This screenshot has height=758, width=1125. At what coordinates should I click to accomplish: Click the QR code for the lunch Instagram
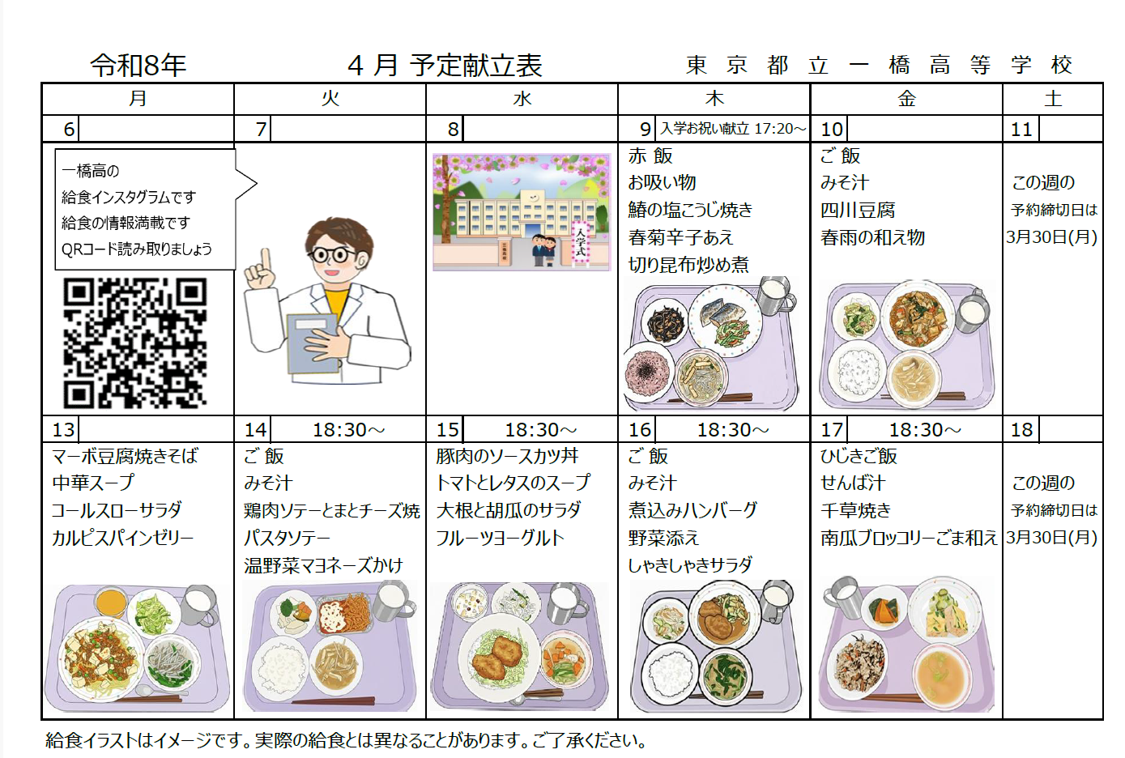click(134, 343)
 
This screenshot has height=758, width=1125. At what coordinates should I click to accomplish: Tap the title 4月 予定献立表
click(445, 66)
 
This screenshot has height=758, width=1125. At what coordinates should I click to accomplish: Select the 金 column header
click(906, 99)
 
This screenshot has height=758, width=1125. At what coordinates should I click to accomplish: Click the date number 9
click(645, 129)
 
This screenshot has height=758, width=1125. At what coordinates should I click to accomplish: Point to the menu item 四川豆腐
click(858, 211)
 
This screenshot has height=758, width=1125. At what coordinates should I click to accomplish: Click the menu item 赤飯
click(650, 156)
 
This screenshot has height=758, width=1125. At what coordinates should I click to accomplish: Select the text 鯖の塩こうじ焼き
click(690, 211)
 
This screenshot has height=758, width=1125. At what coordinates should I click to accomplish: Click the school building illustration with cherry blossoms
click(522, 212)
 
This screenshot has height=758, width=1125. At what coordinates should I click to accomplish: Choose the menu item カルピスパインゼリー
click(122, 538)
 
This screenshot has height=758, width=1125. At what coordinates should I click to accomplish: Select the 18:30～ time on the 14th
click(349, 430)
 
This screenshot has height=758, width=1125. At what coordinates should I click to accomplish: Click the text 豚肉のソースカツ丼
click(507, 456)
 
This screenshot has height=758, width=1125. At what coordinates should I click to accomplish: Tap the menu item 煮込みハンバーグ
click(692, 510)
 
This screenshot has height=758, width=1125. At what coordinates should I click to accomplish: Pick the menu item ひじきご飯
click(859, 456)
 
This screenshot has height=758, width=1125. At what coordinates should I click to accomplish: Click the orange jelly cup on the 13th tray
click(110, 603)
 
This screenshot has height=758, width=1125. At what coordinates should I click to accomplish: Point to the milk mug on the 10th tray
click(972, 310)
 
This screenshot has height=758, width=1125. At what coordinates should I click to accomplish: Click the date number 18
click(1021, 430)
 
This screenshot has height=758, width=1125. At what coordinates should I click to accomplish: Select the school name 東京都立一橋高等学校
click(879, 66)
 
